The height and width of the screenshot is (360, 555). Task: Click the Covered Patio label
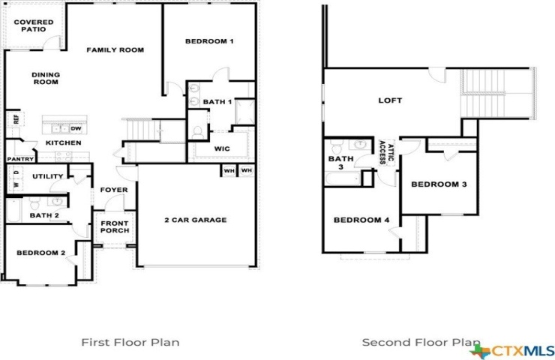(x=34, y=25)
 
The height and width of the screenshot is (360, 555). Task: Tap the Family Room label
(x=115, y=50)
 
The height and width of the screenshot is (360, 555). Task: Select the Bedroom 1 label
(x=209, y=41)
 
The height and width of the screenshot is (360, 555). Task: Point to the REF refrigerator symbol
(x=16, y=118)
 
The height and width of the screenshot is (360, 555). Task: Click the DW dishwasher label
(x=76, y=129)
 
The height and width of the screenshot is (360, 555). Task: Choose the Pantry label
(x=20, y=159)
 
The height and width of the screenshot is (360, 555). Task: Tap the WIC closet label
(x=222, y=148)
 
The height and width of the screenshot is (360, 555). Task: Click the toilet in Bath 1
(x=197, y=133)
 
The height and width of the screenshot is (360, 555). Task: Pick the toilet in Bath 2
(x=35, y=203)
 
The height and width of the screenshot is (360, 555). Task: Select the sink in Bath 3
(x=359, y=145)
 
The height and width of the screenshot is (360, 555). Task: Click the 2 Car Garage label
(x=196, y=220)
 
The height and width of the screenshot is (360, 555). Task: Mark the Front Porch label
(x=115, y=227)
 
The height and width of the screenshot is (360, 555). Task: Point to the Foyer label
(x=114, y=190)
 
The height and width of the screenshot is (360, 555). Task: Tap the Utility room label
(x=48, y=176)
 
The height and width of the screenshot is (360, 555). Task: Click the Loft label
(x=391, y=100)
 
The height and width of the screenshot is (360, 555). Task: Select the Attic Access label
(x=386, y=152)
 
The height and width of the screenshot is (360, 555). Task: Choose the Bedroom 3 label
(x=439, y=184)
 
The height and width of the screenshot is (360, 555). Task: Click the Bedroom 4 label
(x=361, y=220)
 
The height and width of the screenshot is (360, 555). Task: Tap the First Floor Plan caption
(x=130, y=342)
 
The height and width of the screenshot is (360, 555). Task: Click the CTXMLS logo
(x=512, y=351)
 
